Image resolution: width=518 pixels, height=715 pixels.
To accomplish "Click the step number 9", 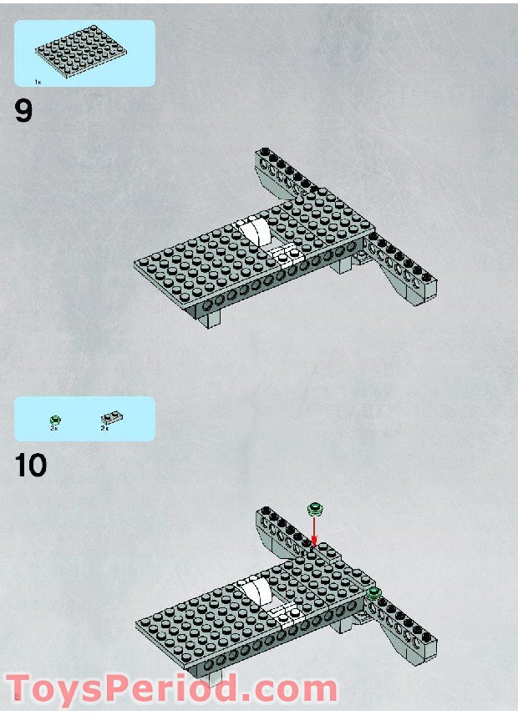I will click(23, 111).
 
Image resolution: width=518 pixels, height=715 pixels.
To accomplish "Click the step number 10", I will click(30, 466).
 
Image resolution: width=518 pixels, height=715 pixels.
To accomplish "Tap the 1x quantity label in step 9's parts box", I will click(38, 82).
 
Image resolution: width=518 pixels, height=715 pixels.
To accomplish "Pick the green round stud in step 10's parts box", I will click(55, 419).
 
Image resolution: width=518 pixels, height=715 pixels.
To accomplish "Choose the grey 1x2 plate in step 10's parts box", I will click(111, 417).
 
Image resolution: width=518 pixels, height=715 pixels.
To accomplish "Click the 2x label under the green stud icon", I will click(54, 428).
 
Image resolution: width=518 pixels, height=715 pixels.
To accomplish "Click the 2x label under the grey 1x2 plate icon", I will click(105, 428).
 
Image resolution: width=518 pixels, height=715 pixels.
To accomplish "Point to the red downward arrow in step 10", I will click(315, 529).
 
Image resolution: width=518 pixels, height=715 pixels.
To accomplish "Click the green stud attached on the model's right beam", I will click(373, 593).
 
